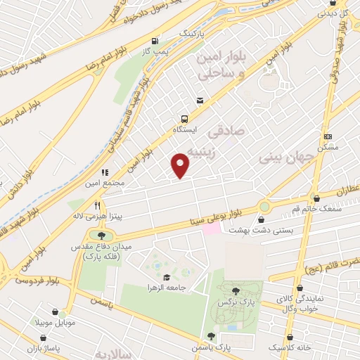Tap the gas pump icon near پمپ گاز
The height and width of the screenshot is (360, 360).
point(164,41)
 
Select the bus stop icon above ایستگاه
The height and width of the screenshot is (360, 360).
point(185,119)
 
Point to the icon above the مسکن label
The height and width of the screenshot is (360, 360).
point(327,136)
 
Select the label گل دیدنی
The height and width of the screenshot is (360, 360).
point(335,13)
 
